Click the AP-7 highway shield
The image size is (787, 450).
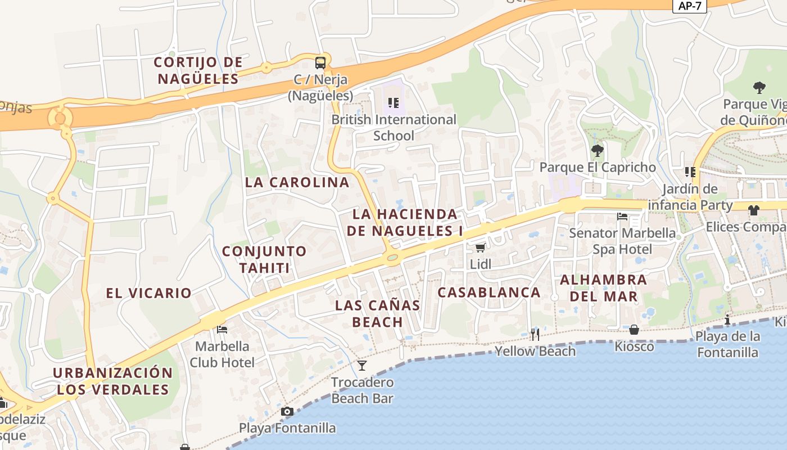689,6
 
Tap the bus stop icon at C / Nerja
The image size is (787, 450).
320,62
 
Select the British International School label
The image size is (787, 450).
393,128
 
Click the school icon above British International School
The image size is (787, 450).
393,103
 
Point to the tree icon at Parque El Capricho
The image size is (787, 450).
598,150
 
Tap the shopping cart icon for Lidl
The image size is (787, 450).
480,247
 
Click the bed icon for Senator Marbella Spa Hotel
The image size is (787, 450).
622,216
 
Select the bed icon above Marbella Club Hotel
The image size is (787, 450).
222,329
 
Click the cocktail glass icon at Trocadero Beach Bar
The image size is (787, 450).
362,366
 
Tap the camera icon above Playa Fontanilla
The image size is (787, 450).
287,411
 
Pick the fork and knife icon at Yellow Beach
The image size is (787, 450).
535,334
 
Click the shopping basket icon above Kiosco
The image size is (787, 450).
634,329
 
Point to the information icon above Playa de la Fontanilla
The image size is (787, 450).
727,319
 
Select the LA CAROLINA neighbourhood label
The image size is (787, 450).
297,182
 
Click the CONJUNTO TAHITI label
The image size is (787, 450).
264,259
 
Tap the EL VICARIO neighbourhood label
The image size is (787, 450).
148,292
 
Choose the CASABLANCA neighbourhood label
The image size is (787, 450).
489,292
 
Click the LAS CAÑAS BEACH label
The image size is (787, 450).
378,313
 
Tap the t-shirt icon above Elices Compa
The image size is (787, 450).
753,210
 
